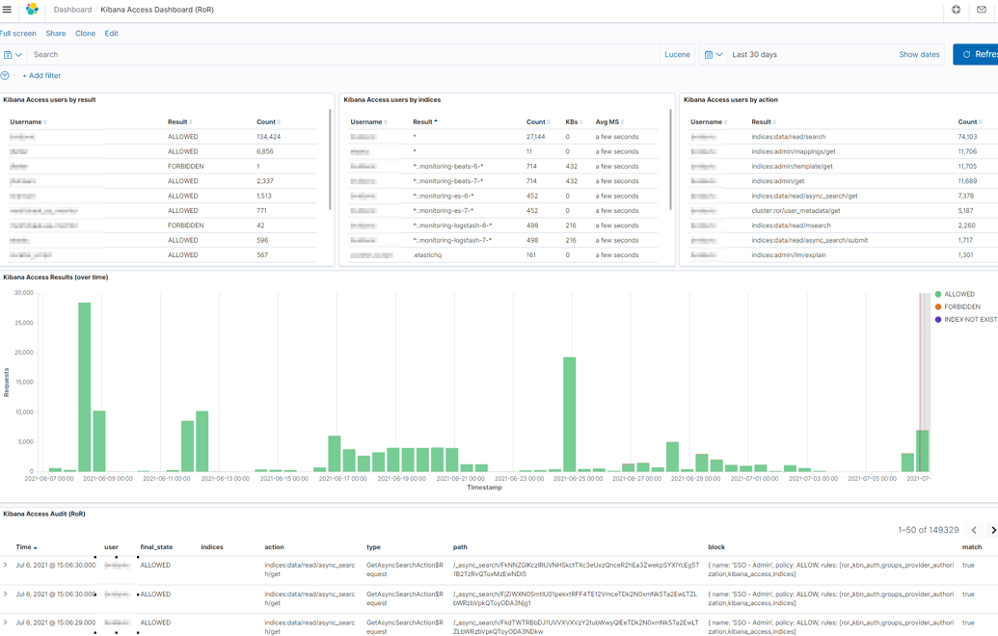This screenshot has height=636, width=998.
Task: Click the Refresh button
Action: click(978, 55)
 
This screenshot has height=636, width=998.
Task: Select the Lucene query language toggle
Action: click(677, 55)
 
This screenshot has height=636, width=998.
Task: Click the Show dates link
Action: click(919, 55)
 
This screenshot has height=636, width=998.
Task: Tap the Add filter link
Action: click(41, 76)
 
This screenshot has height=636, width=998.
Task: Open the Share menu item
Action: click(56, 34)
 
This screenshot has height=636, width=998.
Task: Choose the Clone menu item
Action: click(85, 34)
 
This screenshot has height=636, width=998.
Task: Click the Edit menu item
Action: click(112, 34)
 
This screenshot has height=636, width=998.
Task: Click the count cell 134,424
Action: click(268, 137)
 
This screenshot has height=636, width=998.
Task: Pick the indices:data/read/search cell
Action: click(788, 137)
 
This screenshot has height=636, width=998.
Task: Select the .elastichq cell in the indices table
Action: click(427, 255)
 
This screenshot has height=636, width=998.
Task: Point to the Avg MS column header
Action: click(607, 122)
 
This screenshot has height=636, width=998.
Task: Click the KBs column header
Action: click(572, 122)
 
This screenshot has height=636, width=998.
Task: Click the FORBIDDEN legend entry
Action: click(961, 306)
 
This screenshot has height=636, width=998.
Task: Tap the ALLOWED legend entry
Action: click(958, 294)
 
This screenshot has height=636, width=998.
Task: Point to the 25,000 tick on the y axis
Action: click(23, 323)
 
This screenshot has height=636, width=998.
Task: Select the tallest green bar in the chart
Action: click(85, 385)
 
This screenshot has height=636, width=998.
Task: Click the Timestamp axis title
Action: click(484, 488)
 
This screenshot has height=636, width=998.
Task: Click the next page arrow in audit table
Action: click(993, 530)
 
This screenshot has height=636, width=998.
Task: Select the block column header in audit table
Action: click(716, 547)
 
